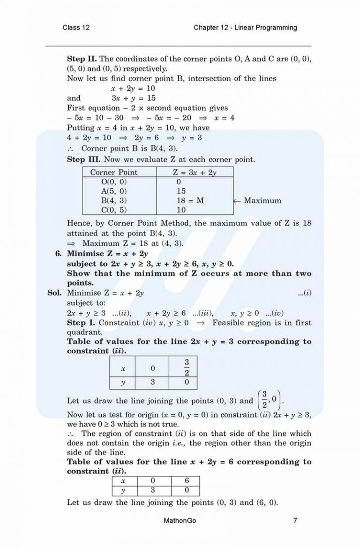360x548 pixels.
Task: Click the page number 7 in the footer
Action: [295, 520]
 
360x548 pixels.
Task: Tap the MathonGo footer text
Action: [180, 520]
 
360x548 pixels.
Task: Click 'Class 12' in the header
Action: [76, 28]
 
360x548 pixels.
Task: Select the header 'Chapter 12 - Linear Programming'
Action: [245, 28]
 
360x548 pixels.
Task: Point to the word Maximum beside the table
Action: [262, 200]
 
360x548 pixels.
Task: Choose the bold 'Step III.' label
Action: [83, 160]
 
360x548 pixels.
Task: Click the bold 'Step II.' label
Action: [82, 59]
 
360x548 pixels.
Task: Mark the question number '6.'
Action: [59, 254]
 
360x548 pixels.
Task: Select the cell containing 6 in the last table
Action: [186, 481]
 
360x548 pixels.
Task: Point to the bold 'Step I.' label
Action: [80, 323]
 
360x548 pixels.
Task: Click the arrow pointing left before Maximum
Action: [237, 200]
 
